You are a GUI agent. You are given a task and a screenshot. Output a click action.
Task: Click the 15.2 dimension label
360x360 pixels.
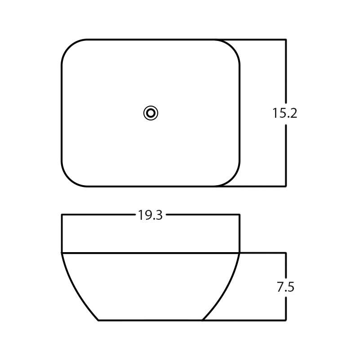[x=284, y=113]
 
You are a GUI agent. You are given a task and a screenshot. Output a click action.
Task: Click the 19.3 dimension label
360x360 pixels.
[x=150, y=215]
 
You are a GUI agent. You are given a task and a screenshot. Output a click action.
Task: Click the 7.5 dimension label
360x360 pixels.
[x=285, y=287]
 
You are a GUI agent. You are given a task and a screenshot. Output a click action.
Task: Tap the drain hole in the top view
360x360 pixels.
[x=151, y=113]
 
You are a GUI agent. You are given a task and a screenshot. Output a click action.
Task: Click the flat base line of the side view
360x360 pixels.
[x=150, y=320]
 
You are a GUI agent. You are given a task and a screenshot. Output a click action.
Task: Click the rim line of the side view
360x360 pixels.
[x=150, y=253]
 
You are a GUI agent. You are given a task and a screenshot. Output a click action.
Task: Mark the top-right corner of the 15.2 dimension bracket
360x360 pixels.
[x=286, y=40]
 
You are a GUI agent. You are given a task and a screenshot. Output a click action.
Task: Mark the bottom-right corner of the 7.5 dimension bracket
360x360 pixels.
[x=286, y=320]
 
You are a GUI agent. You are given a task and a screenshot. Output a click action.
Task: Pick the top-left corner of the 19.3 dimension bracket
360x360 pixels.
[x=62, y=215]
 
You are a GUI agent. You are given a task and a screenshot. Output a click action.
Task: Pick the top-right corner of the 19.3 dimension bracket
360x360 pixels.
[x=239, y=215]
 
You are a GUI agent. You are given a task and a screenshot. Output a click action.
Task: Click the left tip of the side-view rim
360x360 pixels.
[x=62, y=253]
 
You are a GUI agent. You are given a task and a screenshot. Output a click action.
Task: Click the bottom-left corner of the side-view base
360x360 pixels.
[x=98, y=320]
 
